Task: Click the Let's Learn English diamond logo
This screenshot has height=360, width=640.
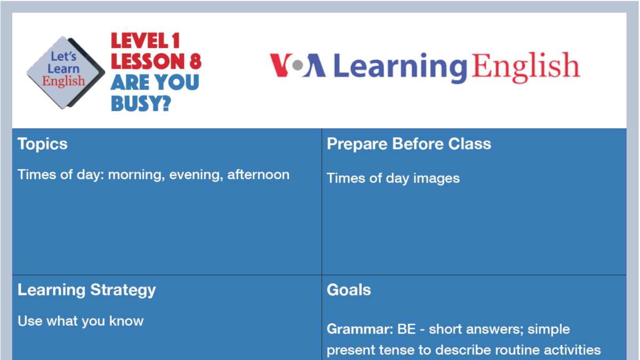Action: (65, 72)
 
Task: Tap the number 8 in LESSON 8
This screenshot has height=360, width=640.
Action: (194, 62)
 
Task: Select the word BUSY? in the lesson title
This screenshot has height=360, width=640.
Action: (141, 102)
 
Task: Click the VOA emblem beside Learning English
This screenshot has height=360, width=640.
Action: (297, 66)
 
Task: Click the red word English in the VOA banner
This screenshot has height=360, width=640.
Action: (525, 67)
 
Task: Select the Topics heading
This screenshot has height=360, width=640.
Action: (43, 144)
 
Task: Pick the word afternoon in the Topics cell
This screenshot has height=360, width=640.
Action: (259, 175)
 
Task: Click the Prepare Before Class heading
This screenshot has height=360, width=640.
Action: (409, 144)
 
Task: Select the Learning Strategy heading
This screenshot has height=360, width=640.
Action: (86, 290)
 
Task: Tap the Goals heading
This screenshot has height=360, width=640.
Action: (349, 290)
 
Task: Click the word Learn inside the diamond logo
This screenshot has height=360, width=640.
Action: (63, 69)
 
